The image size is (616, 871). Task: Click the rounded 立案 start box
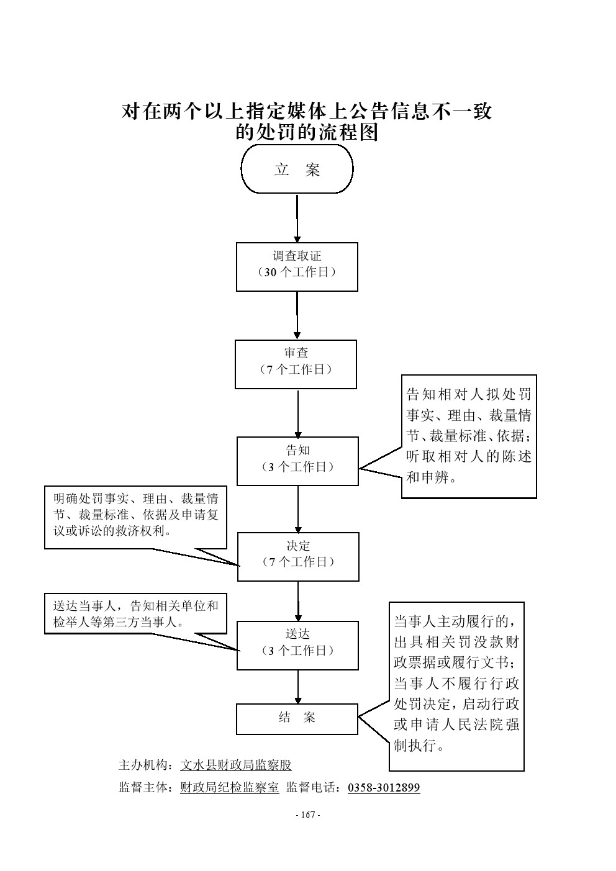click(297, 169)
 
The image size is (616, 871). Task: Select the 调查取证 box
click(297, 266)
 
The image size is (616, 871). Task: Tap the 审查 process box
click(296, 364)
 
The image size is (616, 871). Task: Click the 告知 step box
click(297, 461)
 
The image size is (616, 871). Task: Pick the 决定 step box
click(298, 556)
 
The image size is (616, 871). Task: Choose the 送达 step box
click(297, 645)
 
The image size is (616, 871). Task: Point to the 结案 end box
click(297, 718)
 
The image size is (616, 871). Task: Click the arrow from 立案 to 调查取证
click(297, 218)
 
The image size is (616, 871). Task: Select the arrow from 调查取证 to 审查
click(297, 315)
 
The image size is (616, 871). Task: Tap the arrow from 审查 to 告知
click(297, 413)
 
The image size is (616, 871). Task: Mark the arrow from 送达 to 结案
click(298, 687)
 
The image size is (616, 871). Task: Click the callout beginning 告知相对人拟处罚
click(469, 436)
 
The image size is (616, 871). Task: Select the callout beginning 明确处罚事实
click(135, 517)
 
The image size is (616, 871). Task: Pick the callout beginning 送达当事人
click(135, 613)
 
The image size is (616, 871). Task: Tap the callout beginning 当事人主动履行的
click(456, 686)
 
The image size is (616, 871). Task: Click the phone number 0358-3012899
click(384, 788)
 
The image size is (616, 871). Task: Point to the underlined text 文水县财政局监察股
click(235, 765)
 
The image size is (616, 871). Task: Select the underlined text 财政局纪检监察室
click(229, 788)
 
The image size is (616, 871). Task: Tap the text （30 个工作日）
click(297, 273)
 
